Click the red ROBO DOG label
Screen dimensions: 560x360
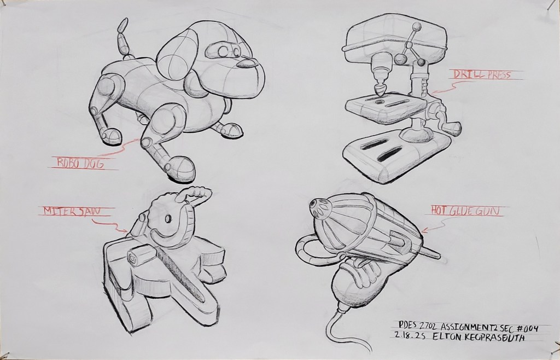pyautogui.click(x=81, y=163)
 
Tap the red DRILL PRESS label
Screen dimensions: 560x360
pyautogui.click(x=482, y=74)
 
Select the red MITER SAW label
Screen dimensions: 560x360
pyautogui.click(x=72, y=211)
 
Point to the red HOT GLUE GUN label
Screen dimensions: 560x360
pyautogui.click(x=465, y=211)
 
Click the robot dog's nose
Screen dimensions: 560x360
pyautogui.click(x=247, y=63)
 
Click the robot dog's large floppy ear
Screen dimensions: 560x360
pyautogui.click(x=177, y=57)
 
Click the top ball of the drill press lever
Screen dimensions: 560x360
pyautogui.click(x=416, y=27)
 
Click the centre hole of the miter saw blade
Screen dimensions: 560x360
pyautogui.click(x=168, y=219)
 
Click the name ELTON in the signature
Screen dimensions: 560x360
pyautogui.click(x=446, y=337)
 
